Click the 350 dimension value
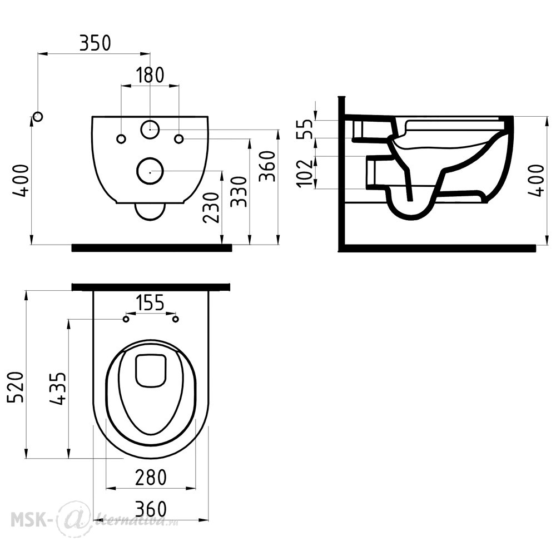95,43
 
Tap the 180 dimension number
150,75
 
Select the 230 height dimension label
211,207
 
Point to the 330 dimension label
239,192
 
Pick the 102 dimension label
305,173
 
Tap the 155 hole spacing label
150,302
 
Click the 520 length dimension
16,387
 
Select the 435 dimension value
57,389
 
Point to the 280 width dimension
151,477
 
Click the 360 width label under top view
151,509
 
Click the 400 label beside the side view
538,180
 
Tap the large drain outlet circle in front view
150,171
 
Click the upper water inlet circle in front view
150,130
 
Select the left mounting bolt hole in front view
121,139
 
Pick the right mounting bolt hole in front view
180,138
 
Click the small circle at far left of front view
38,116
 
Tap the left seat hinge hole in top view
126,319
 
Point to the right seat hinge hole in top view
175,319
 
